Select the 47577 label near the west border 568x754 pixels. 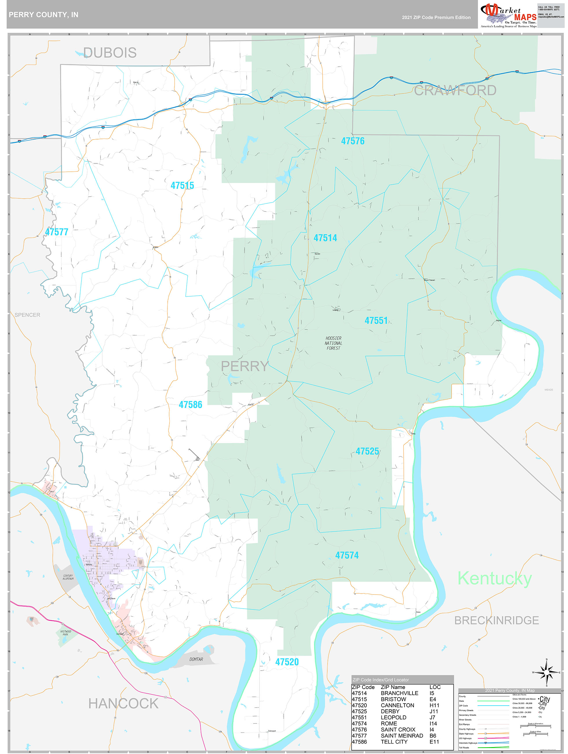(56, 232)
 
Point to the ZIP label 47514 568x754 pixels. (325, 238)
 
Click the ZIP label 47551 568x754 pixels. (376, 320)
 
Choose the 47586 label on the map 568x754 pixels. (190, 405)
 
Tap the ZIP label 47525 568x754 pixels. (367, 451)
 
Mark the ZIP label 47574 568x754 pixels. (347, 555)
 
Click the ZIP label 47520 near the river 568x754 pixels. (287, 662)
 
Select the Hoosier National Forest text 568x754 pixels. (333, 343)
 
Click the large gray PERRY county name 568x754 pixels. (244, 366)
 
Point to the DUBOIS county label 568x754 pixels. (110, 53)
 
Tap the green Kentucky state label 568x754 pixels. (494, 579)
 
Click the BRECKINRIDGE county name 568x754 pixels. (496, 620)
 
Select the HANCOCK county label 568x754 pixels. (123, 704)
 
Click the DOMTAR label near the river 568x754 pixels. (196, 659)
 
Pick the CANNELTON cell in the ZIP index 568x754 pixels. (397, 705)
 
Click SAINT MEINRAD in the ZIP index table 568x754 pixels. (401, 736)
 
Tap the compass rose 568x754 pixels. (546, 673)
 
